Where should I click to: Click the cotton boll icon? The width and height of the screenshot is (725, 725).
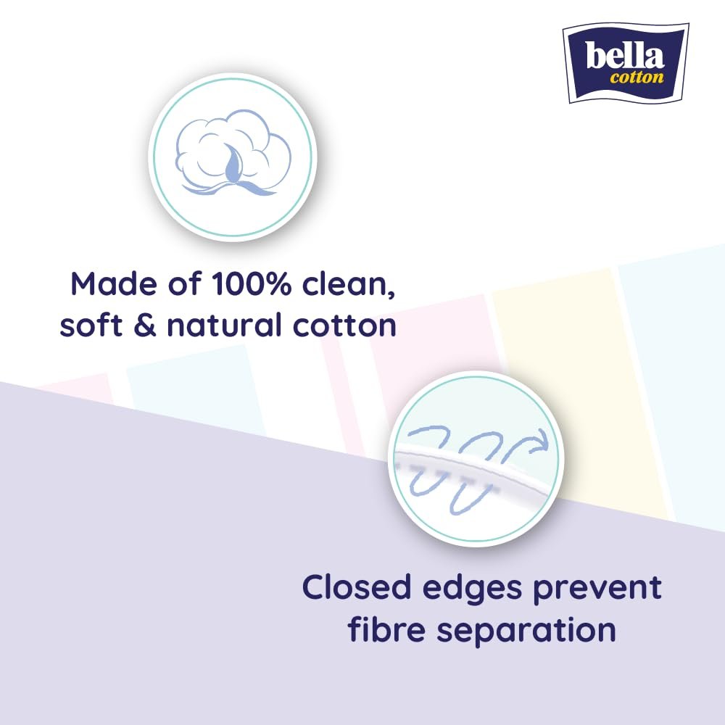[233, 152]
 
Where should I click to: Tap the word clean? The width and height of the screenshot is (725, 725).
[348, 285]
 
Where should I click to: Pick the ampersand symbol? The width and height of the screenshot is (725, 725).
[145, 325]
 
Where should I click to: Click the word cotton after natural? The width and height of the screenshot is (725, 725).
[344, 326]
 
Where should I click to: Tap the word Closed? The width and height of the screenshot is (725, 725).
[357, 587]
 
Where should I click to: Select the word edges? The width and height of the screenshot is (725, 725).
[472, 590]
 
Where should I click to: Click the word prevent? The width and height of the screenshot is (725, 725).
[597, 590]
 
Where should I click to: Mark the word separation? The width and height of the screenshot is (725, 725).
[526, 632]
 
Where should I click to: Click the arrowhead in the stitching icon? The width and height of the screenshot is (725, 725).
[540, 439]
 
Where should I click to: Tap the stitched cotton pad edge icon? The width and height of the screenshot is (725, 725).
[476, 459]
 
